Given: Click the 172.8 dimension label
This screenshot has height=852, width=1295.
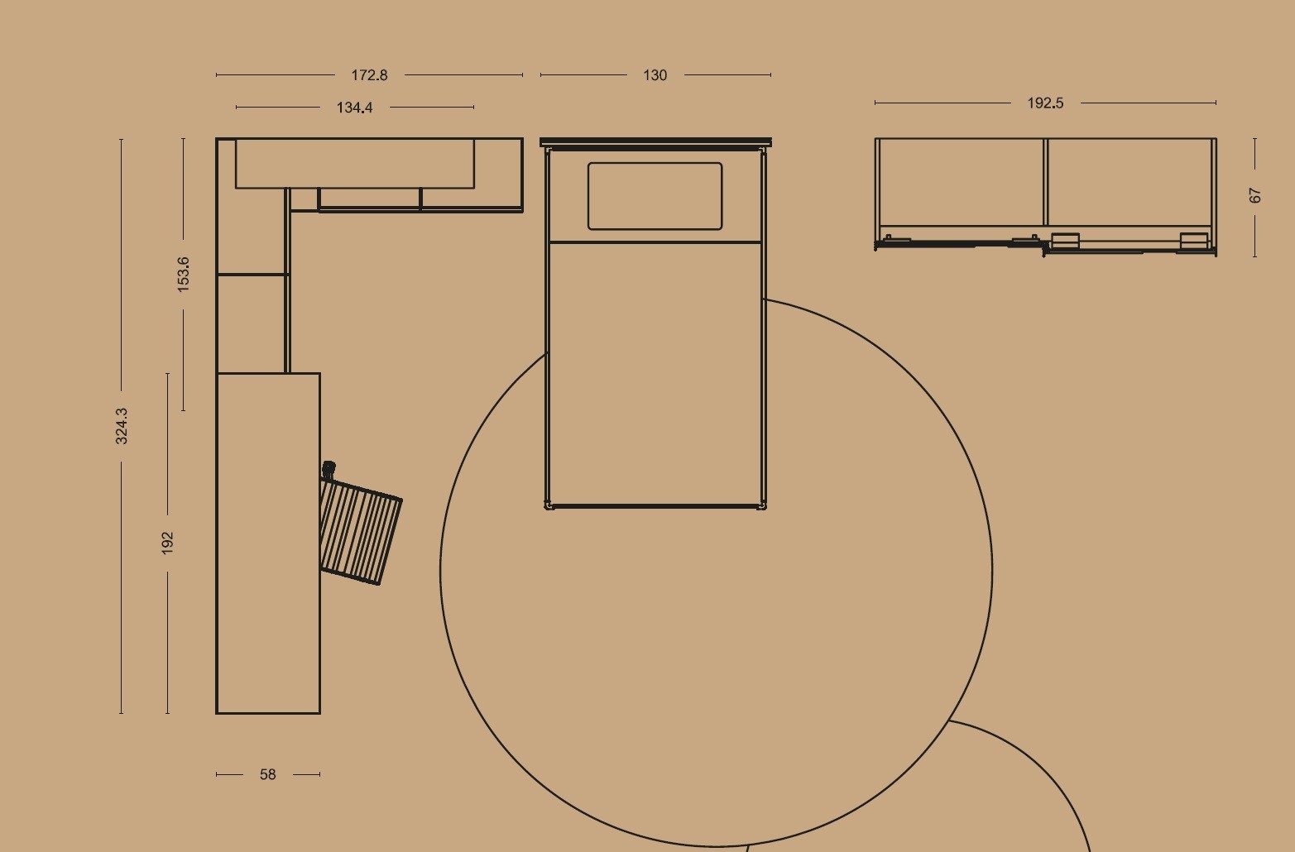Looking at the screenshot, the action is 369,75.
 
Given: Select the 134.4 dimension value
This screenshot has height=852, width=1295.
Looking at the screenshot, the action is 354,108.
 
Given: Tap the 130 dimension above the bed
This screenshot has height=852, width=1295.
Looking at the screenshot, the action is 655,75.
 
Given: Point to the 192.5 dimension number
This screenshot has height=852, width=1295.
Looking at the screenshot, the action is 1045,103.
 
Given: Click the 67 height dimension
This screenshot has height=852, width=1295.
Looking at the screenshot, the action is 1254,195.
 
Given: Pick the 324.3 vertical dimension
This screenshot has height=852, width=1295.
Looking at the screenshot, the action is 122,426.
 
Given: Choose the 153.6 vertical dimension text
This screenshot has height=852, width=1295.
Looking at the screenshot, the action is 183,275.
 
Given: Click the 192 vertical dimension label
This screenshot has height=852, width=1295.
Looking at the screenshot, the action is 167,543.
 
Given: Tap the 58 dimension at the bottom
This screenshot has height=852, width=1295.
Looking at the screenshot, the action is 267,774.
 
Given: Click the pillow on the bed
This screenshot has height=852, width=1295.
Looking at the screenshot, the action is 655,196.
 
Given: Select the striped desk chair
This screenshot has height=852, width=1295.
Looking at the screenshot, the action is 360,531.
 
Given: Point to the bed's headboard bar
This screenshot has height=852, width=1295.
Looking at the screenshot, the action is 655,142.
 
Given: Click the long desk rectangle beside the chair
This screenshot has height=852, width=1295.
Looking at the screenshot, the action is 268,543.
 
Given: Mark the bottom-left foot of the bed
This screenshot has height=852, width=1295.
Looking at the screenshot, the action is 549,505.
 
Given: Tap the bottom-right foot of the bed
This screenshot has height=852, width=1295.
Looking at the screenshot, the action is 763,505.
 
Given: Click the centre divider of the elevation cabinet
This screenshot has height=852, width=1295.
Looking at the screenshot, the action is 1045,182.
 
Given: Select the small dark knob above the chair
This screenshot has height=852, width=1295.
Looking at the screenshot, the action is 329,467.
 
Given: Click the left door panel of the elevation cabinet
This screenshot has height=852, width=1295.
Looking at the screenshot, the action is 961,182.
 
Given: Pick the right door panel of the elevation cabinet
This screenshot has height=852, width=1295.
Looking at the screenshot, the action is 1130,182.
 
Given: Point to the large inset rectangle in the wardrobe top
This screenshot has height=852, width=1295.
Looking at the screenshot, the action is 355,164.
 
